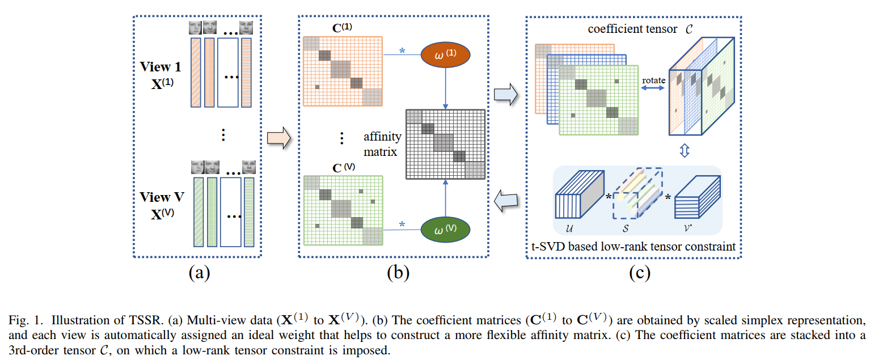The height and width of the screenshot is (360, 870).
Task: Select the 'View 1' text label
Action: (161, 67)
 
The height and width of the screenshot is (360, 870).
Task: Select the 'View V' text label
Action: (162, 197)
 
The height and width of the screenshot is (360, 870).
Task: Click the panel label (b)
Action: (398, 273)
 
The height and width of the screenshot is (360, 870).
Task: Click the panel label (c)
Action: (639, 273)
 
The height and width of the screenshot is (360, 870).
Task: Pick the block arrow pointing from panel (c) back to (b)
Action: (505, 199)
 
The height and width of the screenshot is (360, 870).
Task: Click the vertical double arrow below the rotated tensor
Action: (684, 152)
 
